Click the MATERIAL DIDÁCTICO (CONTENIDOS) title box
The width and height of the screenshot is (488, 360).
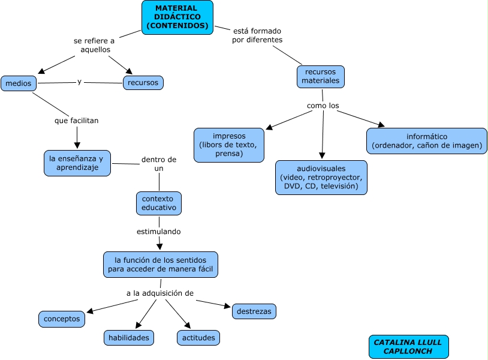(177, 17)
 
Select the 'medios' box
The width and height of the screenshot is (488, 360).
(19, 83)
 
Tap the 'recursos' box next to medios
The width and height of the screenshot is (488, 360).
(143, 82)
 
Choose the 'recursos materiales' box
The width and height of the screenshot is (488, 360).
(321, 76)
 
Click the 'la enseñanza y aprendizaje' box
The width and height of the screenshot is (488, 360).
(77, 163)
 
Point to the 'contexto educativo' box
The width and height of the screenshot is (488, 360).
(159, 203)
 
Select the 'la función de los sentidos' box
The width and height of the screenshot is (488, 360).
(161, 265)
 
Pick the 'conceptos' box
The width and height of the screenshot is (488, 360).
(62, 319)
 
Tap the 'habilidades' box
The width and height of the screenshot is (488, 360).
(129, 338)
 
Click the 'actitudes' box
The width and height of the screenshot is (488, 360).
(198, 338)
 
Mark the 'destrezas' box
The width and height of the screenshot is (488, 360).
(254, 311)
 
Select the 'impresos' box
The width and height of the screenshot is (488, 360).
(229, 145)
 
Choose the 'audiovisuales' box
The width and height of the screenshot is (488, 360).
(321, 177)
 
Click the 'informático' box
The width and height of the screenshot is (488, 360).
(427, 141)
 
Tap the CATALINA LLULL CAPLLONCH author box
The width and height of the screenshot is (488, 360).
(408, 346)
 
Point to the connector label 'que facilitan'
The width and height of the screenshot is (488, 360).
(76, 121)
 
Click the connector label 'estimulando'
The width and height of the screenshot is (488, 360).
(159, 231)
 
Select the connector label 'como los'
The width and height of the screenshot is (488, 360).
(323, 106)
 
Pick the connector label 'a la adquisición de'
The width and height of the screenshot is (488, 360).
(160, 293)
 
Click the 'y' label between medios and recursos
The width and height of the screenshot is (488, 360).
(80, 82)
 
